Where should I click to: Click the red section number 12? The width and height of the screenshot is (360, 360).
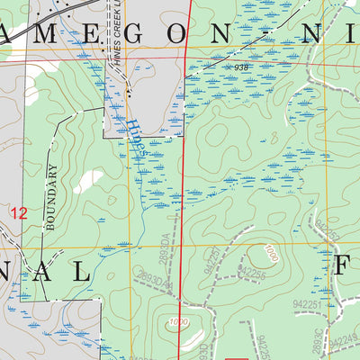pos(18,213)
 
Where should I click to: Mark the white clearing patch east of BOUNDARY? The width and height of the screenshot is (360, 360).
pos(87,180)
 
